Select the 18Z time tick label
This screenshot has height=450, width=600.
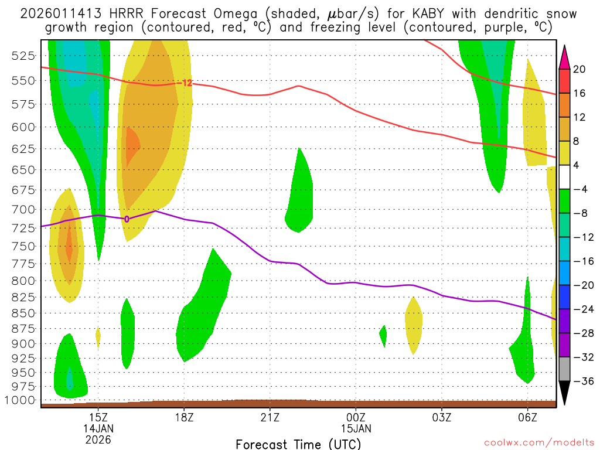pyautogui.click(x=184, y=418)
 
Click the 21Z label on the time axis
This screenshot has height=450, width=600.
pyautogui.click(x=270, y=418)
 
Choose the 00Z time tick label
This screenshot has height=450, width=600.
pyautogui.click(x=356, y=418)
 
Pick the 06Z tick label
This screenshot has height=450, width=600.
pyautogui.click(x=527, y=418)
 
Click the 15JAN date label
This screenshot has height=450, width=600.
pyautogui.click(x=356, y=428)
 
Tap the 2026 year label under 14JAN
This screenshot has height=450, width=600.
pyautogui.click(x=98, y=439)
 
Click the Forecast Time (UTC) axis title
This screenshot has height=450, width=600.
pyautogui.click(x=299, y=444)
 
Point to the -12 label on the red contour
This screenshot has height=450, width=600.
pyautogui.click(x=186, y=83)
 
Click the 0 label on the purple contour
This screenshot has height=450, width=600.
pyautogui.click(x=127, y=219)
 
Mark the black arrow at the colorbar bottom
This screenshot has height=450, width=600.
pyautogui.click(x=564, y=393)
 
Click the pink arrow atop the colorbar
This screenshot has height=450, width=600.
pyautogui.click(x=564, y=56)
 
